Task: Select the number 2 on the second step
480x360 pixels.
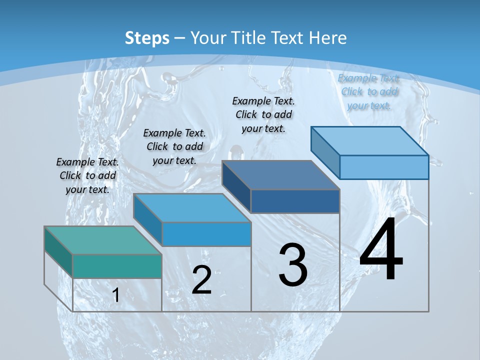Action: tap(201, 279)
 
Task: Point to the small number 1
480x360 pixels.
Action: tap(116, 295)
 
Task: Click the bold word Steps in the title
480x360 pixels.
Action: tap(147, 38)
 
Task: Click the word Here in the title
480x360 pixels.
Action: tap(328, 38)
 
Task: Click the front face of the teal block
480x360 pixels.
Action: tap(117, 266)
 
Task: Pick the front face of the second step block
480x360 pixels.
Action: tap(206, 234)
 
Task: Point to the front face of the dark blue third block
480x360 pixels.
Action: tap(295, 201)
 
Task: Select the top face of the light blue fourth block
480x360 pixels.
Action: tap(370, 141)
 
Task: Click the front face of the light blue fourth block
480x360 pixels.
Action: tap(384, 167)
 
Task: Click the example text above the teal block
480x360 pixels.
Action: tap(87, 175)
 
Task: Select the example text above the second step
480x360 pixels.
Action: tap(174, 146)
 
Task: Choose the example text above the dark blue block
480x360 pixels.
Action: tap(263, 114)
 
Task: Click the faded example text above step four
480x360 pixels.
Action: tap(368, 91)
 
